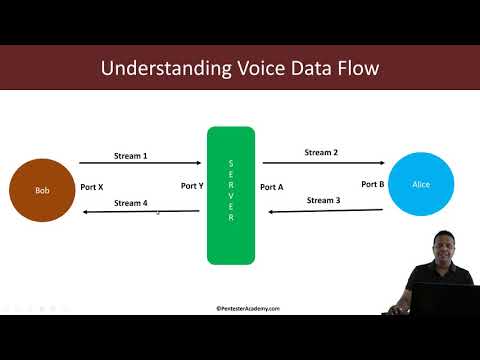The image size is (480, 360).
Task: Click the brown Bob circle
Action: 42,189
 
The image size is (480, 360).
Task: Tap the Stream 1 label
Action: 131,156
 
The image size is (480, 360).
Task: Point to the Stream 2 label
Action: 322,153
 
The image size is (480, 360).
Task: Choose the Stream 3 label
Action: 323,200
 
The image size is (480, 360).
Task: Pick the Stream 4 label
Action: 131,203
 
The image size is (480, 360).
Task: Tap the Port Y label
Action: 193,186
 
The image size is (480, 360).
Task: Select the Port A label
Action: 272,186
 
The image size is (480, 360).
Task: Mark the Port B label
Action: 373,184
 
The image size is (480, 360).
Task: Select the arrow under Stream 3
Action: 322,211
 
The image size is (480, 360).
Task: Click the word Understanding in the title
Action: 160,69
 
